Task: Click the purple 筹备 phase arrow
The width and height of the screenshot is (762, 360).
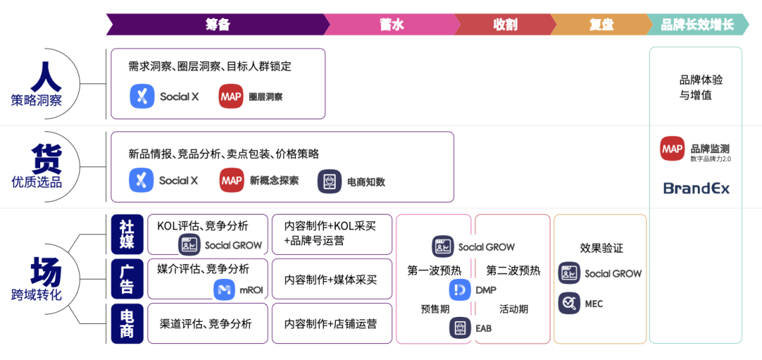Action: [x=217, y=25]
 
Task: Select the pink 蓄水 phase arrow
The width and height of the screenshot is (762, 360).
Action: [x=392, y=25]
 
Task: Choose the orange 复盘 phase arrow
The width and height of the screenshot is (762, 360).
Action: [x=600, y=25]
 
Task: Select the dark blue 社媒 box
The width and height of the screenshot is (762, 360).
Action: [x=127, y=234]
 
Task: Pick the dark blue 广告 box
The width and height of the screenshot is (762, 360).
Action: [x=127, y=278]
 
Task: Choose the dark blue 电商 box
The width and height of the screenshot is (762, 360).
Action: [x=127, y=323]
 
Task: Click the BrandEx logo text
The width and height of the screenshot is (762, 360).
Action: [x=696, y=188]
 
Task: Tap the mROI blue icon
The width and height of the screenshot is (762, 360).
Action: [x=224, y=289]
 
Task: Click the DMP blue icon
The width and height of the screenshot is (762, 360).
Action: [x=460, y=289]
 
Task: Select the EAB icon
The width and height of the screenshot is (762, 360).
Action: [x=460, y=328]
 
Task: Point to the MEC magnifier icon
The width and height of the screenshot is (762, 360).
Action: [x=569, y=303]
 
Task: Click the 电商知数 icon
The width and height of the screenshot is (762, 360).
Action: [x=329, y=181]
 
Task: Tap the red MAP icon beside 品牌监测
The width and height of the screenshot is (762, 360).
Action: [x=672, y=149]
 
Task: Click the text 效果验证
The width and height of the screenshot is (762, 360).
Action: [x=601, y=248]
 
